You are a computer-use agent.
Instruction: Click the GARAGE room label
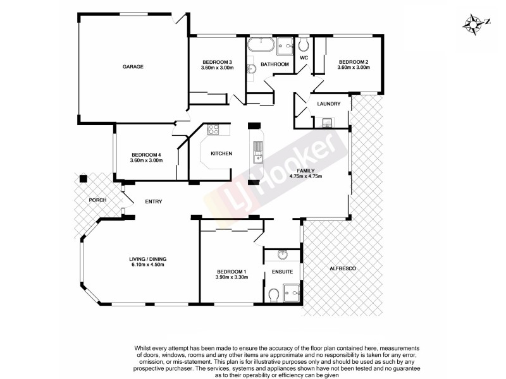(x=133, y=67)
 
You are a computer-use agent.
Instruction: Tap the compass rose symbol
(x=474, y=23)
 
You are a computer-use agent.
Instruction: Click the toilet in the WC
(x=304, y=44)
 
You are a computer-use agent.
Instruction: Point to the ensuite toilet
(x=273, y=295)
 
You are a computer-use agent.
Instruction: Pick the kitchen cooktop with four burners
(x=213, y=130)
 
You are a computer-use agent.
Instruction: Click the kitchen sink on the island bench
(x=258, y=150)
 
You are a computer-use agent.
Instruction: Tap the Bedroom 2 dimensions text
(x=353, y=68)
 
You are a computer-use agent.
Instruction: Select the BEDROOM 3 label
(x=217, y=61)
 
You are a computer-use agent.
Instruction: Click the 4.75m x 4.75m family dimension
(x=305, y=176)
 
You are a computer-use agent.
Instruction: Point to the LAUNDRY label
(x=329, y=104)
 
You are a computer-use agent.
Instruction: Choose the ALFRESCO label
(x=343, y=269)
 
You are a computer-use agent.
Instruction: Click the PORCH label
(x=97, y=200)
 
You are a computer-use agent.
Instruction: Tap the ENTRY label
(x=154, y=202)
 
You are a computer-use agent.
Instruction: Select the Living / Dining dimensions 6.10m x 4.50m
(x=147, y=265)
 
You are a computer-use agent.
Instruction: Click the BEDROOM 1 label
(x=231, y=272)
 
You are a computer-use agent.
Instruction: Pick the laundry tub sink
(x=327, y=123)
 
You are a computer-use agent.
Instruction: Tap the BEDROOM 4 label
(x=147, y=155)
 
